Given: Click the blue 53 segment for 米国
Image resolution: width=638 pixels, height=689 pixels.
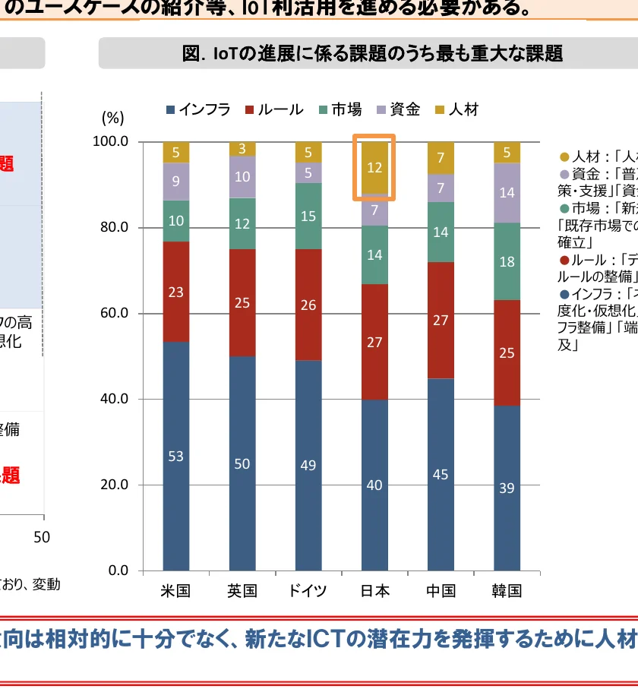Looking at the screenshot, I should click(176, 456).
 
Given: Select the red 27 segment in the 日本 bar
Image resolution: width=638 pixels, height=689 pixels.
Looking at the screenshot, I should click(374, 342).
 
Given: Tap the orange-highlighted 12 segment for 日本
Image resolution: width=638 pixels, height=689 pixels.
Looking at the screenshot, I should click(374, 168).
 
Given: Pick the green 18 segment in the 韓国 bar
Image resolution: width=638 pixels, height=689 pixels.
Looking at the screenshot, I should click(507, 261).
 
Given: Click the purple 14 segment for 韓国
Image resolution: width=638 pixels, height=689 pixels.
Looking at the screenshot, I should click(507, 193).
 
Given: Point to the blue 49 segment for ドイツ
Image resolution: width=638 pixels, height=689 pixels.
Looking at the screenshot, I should click(308, 465).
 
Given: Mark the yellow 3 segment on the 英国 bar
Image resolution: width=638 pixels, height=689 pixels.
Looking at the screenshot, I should click(242, 149).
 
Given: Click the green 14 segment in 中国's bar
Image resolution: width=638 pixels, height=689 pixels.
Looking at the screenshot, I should click(441, 232).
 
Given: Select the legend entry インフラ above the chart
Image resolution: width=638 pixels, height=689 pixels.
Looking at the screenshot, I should click(199, 109).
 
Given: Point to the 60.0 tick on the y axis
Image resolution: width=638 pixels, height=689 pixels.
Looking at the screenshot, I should click(110, 313).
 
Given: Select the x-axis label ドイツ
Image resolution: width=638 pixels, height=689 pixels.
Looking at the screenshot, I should click(308, 591).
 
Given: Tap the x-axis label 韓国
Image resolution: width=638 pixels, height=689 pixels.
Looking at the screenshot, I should click(507, 591).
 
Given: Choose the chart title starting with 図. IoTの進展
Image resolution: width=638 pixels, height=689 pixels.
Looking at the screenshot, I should click(372, 53).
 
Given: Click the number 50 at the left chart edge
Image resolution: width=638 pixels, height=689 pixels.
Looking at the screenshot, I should click(42, 537).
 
